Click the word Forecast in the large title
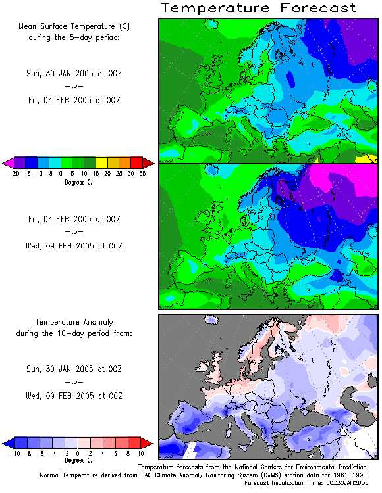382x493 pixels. [318, 8]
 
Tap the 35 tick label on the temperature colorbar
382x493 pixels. [142, 174]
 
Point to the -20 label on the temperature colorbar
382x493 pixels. [14, 174]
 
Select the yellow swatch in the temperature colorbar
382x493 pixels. [101, 162]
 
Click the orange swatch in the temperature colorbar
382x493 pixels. [124, 162]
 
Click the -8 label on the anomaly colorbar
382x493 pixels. [28, 454]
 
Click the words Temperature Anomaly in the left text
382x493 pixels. [74, 322]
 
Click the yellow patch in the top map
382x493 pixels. [366, 159]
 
